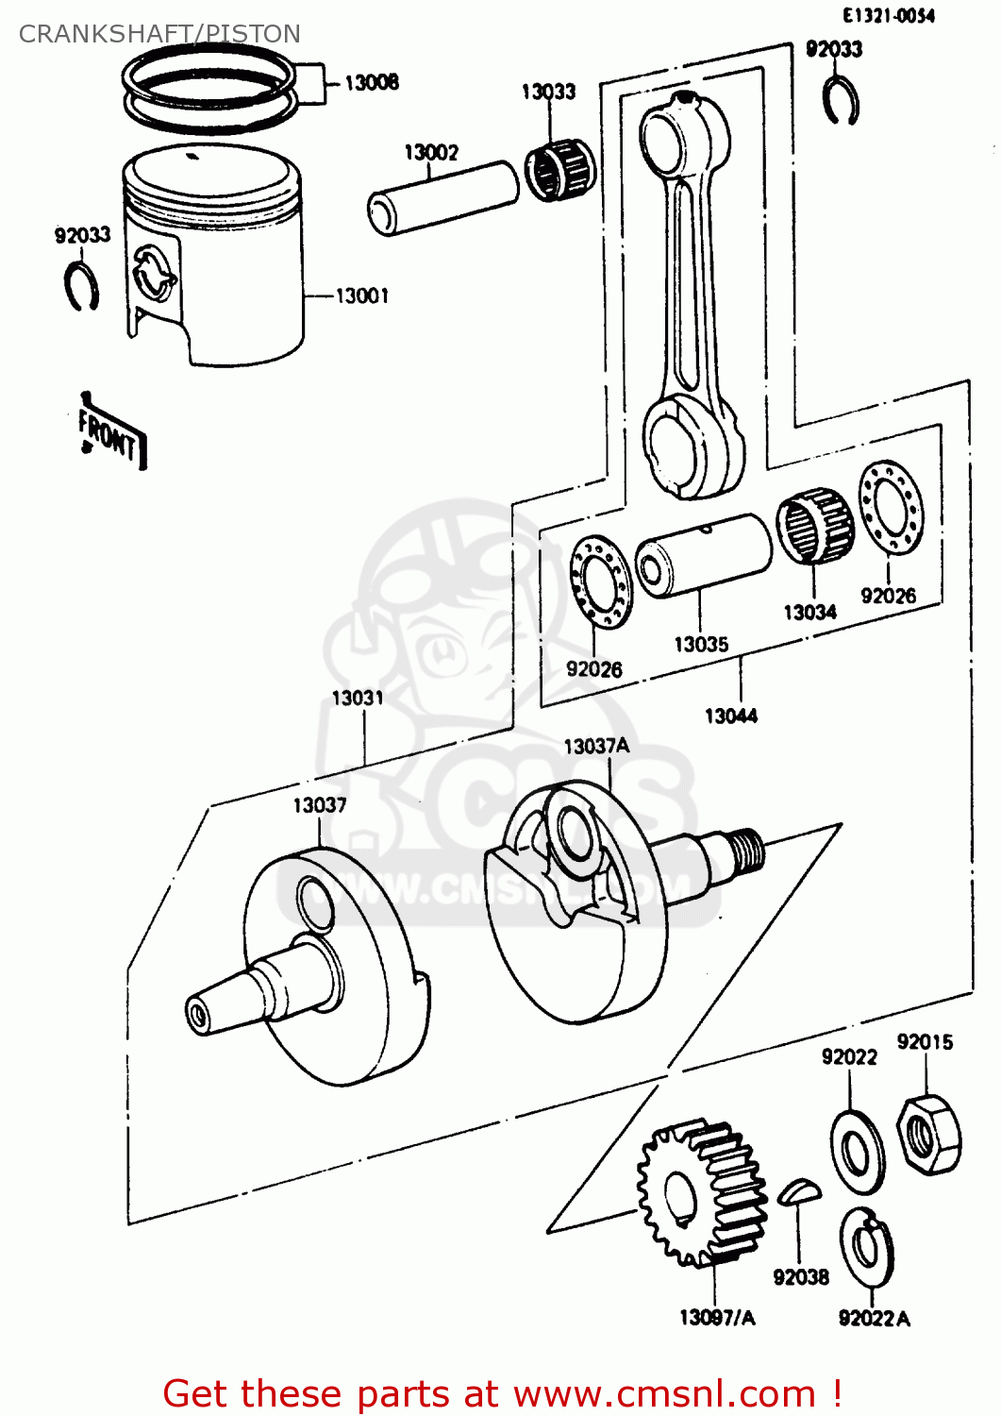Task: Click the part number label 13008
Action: click(371, 83)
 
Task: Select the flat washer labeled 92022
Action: click(857, 1152)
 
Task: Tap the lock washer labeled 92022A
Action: click(867, 1247)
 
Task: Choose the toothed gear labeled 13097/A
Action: click(701, 1193)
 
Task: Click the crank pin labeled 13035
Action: click(703, 556)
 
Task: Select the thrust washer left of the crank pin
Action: click(601, 582)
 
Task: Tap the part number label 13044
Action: click(730, 716)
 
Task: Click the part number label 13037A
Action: click(595, 747)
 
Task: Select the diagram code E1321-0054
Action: click(888, 16)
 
